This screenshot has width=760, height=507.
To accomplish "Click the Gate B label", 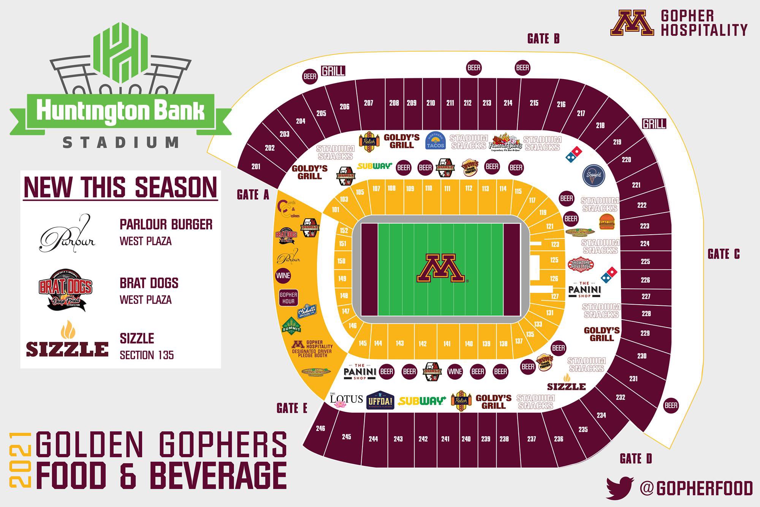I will coord(543,39).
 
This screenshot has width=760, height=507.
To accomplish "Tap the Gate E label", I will coord(292,408).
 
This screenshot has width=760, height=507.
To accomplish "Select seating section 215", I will coord(534,103).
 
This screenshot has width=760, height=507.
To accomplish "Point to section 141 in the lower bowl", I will coord(447,344).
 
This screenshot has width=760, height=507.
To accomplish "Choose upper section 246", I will coord(320,428).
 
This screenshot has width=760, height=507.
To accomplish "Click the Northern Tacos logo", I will coord(435,141).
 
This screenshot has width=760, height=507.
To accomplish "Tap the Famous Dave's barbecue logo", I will coord(505,143).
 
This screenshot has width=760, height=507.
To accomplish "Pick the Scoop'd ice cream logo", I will coord(594,175).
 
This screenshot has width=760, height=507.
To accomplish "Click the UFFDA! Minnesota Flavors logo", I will coord(380,400).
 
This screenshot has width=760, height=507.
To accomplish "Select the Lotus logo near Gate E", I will coord(345,401).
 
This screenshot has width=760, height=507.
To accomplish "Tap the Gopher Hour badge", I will coord(288,298).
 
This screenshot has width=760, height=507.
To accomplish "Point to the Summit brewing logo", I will coord(291,326).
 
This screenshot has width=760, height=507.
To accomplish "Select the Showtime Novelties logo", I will coord(581,264).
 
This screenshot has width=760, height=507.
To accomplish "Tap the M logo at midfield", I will coord(441,268).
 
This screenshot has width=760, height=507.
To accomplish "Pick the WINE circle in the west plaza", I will coord(283,276).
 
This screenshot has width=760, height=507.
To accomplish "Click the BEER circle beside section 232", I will coord(671,405).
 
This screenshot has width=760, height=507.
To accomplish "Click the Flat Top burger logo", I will coord(607,222).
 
